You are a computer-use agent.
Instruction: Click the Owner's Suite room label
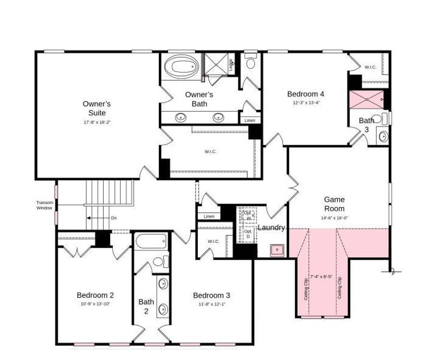[97, 108]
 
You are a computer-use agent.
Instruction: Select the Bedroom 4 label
[306, 94]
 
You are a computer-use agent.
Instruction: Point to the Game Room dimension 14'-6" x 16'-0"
[334, 218]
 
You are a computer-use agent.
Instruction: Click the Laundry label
[271, 228]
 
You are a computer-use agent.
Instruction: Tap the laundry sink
[277, 249]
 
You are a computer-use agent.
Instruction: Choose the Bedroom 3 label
[211, 295]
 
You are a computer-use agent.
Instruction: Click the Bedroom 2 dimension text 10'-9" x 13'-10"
[95, 304]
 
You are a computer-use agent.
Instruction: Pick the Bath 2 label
[146, 306]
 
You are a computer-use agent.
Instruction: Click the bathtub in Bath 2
[151, 242]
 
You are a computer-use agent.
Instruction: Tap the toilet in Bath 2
[160, 262]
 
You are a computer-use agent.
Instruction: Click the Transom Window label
[44, 205]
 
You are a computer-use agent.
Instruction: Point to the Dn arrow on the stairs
[100, 218]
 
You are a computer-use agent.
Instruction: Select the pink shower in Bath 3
[366, 99]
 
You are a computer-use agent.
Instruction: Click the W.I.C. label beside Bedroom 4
[370, 67]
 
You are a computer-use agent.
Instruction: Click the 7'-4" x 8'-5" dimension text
[321, 277]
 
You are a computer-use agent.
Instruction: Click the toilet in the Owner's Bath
[251, 62]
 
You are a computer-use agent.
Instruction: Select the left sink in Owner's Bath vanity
[181, 117]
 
